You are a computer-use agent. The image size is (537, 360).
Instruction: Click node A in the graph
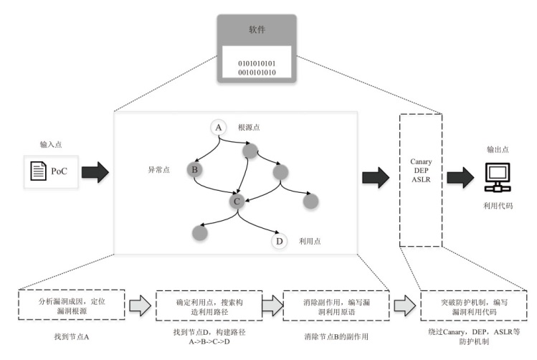[219, 128]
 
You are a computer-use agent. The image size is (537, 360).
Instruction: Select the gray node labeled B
[194, 170]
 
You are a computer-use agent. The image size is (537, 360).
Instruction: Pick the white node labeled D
[279, 241]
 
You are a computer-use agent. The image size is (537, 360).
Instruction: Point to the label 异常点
[159, 171]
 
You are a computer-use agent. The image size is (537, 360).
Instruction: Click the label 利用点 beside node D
[310, 242]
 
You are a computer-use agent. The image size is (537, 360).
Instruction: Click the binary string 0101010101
[257, 63]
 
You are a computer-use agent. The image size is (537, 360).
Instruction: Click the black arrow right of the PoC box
[95, 172]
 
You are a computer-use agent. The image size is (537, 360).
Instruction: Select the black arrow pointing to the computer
[459, 175]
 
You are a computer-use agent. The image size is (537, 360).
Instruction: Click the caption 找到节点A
[71, 335]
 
